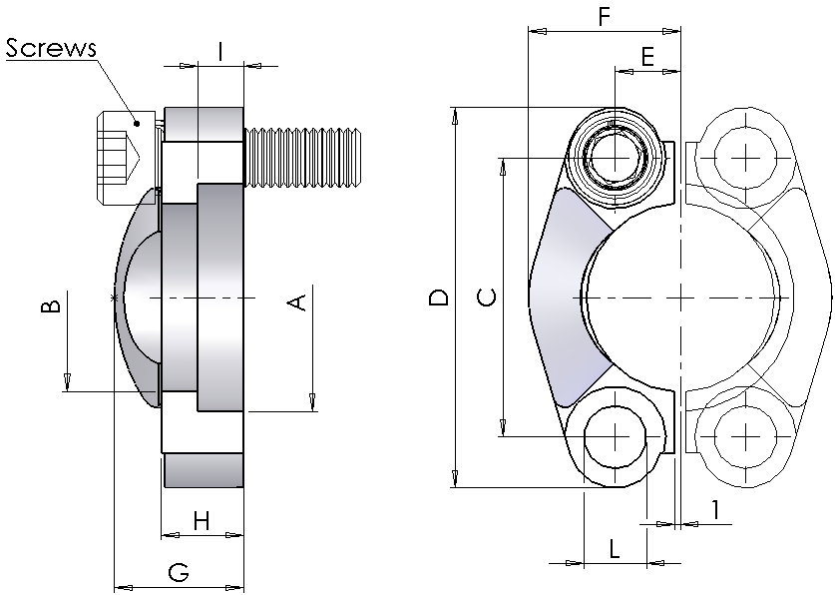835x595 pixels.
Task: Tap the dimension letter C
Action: point(486,297)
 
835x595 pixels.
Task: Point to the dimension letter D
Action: point(437,297)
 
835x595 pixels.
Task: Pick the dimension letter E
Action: point(647,58)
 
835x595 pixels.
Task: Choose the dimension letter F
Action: point(603,17)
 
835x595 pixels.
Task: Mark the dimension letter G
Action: point(179,572)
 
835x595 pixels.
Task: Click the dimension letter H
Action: point(202,520)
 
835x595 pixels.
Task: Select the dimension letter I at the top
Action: point(220,50)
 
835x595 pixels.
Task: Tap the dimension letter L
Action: point(615,547)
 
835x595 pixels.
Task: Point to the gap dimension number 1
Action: point(715,509)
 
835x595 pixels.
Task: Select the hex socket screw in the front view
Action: point(616,158)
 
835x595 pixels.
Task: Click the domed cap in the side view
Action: point(138,299)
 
